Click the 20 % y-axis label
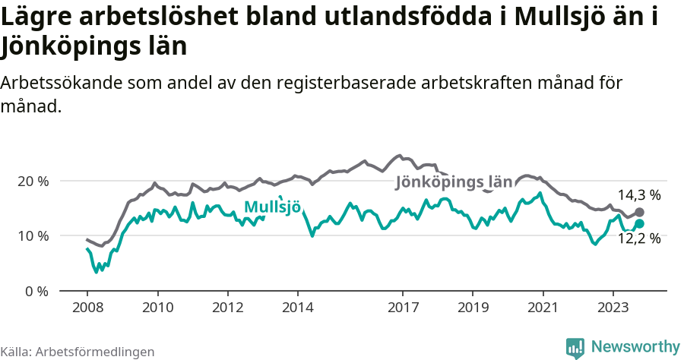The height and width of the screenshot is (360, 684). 33,182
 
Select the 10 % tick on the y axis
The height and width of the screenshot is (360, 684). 33,236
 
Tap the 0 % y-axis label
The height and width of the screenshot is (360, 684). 36,291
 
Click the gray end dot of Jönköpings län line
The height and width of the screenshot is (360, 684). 639,212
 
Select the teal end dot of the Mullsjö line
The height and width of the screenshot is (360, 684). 639,223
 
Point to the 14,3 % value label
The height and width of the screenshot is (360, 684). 638,195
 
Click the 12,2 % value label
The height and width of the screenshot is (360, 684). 638,238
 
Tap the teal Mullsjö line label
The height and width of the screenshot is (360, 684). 272,207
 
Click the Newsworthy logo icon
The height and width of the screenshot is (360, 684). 576,347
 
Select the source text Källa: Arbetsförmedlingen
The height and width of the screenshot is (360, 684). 78,352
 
